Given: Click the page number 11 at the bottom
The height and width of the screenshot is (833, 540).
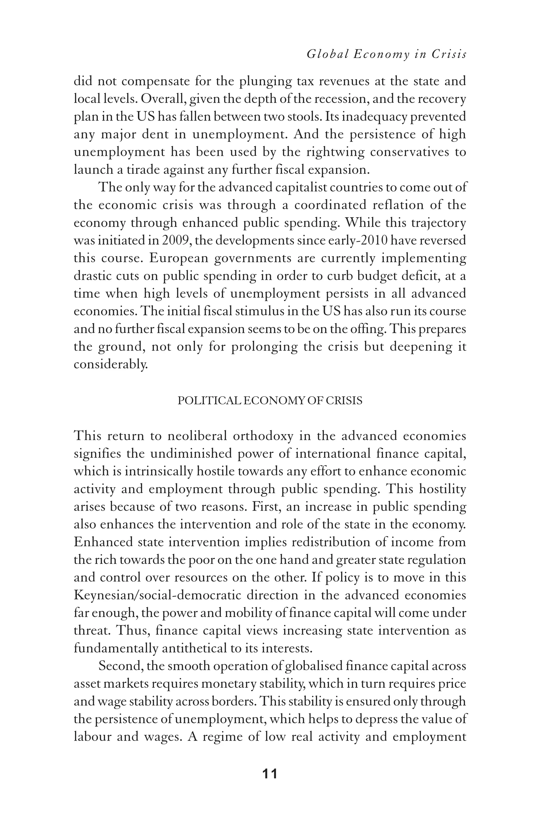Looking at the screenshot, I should (270, 774).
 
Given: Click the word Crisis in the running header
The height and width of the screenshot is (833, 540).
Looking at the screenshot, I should (449, 54).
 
